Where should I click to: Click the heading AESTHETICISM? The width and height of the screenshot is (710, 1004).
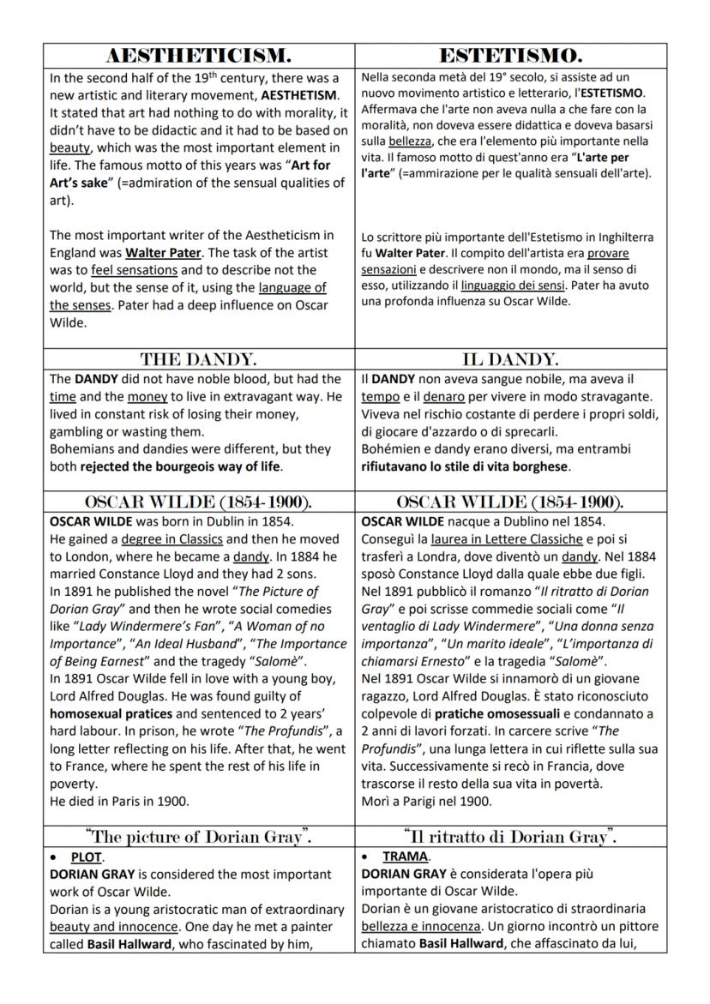pyautogui.click(x=198, y=56)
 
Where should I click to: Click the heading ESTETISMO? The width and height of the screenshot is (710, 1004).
pyautogui.click(x=510, y=56)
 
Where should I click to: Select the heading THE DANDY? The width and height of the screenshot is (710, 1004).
pyautogui.click(x=198, y=359)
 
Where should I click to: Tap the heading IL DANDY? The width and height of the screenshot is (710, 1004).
pyautogui.click(x=510, y=359)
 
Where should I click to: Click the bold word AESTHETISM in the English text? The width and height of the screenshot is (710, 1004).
pyautogui.click(x=299, y=95)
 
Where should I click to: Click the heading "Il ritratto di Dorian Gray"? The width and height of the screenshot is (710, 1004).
pyautogui.click(x=510, y=836)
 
